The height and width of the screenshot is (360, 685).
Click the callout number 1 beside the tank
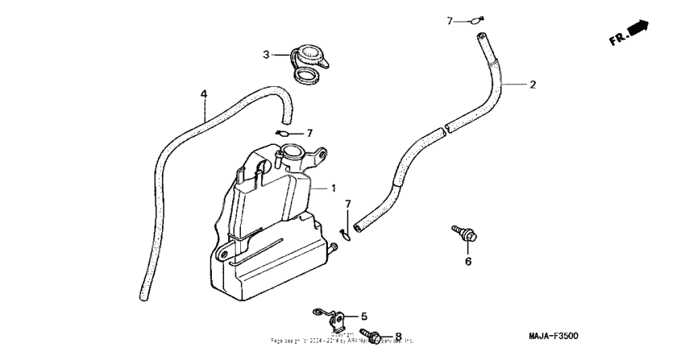click(x=332, y=188)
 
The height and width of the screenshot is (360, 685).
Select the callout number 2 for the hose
click(x=532, y=84)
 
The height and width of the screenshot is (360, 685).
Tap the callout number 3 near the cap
click(x=265, y=55)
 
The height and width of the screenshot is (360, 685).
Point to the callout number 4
click(x=204, y=94)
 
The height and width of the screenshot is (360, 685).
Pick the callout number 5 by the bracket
click(x=363, y=317)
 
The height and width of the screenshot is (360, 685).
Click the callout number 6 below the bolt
click(x=467, y=261)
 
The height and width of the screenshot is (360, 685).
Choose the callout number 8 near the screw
click(x=397, y=336)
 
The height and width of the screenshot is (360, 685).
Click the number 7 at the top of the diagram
click(x=450, y=21)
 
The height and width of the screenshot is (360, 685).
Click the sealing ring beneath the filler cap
click(x=306, y=78)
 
